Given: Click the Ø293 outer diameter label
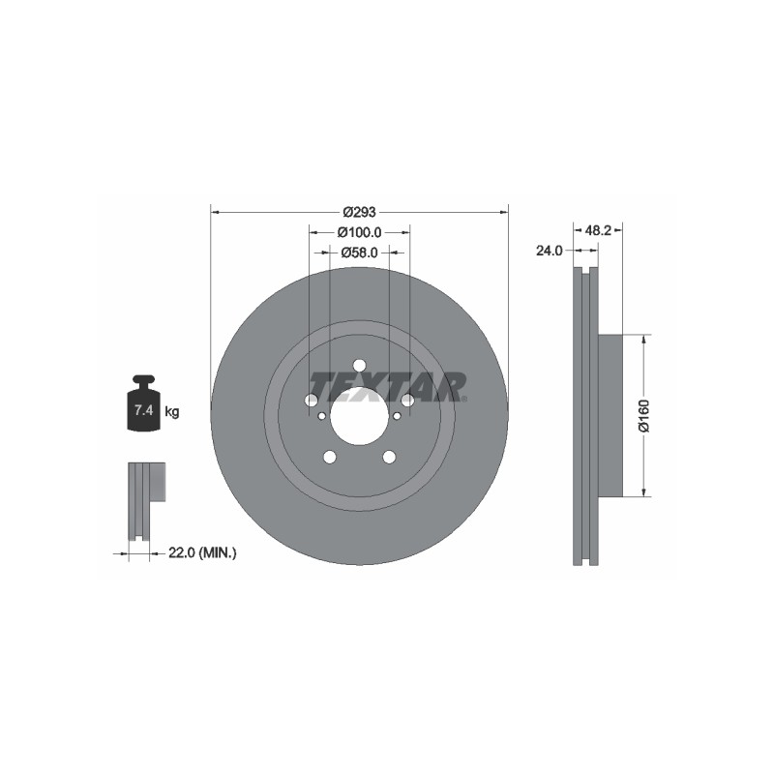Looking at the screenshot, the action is click(359, 212).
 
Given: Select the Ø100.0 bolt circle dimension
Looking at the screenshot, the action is click(359, 231).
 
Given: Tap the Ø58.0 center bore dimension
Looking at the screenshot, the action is click(359, 253).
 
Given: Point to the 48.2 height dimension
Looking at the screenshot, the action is click(598, 230).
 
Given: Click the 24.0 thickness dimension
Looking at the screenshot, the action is click(550, 251).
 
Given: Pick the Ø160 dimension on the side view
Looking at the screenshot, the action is click(644, 416).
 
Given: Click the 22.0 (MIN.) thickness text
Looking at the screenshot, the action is click(202, 552).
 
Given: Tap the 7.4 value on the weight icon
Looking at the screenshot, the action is click(143, 409).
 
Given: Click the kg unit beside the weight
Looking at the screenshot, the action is click(172, 410).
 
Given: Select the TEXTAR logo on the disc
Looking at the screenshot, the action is click(388, 387).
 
